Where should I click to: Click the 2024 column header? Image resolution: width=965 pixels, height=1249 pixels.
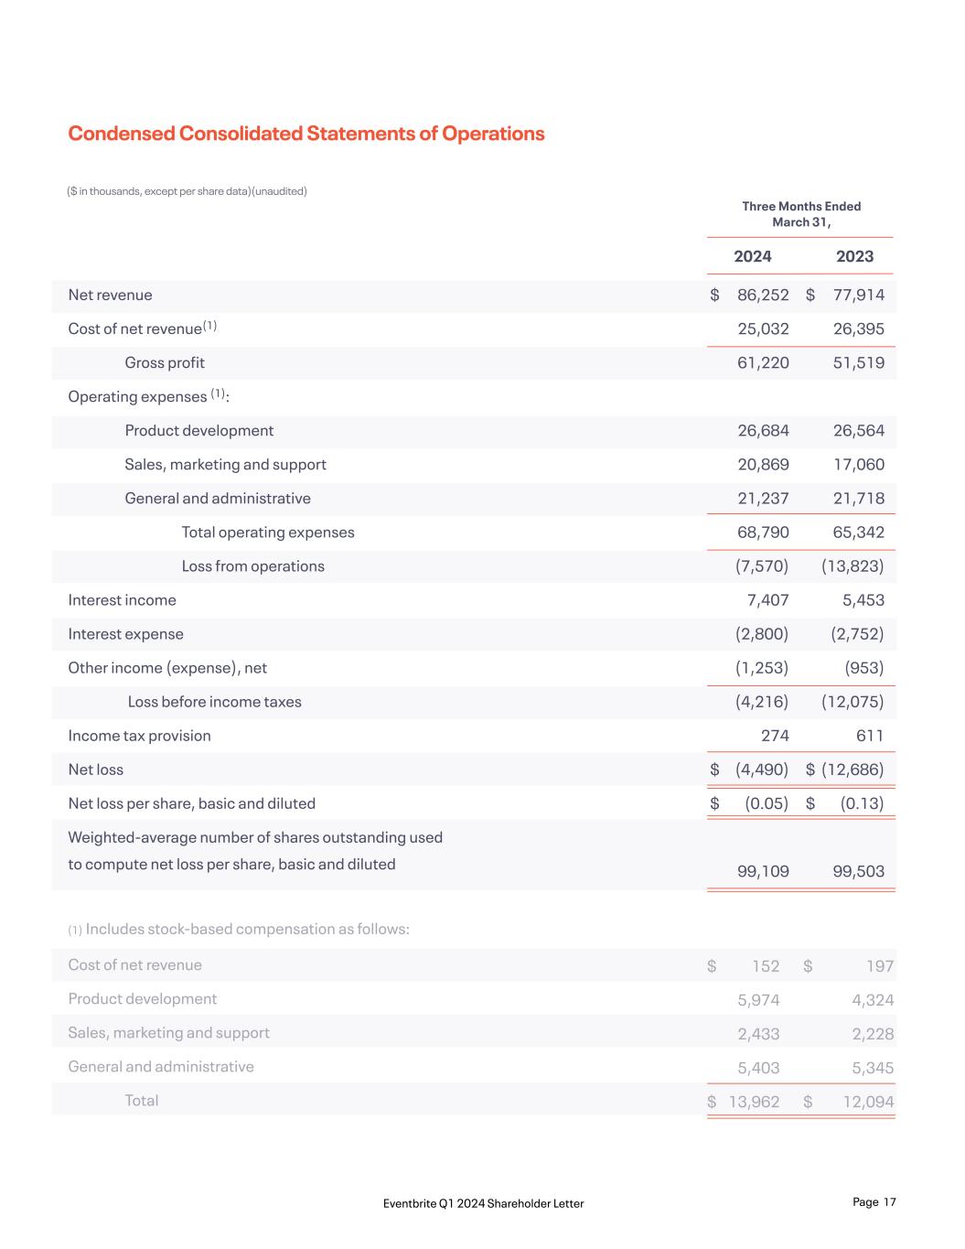753,256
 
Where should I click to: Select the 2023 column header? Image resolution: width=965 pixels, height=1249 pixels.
854,256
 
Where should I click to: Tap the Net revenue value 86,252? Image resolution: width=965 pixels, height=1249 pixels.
763,295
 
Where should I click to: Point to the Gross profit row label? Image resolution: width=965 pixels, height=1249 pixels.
165,362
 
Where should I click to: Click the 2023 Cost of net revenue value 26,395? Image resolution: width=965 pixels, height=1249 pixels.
859,328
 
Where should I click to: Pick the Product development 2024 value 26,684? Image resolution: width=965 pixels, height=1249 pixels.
763,430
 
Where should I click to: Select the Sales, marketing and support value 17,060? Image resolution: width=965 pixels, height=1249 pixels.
859,464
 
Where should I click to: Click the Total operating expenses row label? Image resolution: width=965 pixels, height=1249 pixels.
268,532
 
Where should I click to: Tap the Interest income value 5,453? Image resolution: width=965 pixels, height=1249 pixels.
863,599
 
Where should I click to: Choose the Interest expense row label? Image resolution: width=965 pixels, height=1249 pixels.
125,633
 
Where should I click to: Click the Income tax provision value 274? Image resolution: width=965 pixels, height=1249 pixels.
775,735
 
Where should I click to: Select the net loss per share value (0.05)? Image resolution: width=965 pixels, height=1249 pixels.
767,802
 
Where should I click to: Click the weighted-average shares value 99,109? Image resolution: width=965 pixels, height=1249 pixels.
763,871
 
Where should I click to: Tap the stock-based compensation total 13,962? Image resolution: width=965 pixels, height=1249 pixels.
754,1102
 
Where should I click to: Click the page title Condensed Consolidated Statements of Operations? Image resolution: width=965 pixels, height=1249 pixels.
306,134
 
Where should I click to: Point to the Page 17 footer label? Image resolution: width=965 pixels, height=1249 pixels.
874,1202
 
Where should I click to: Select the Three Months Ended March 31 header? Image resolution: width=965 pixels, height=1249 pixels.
801,214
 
